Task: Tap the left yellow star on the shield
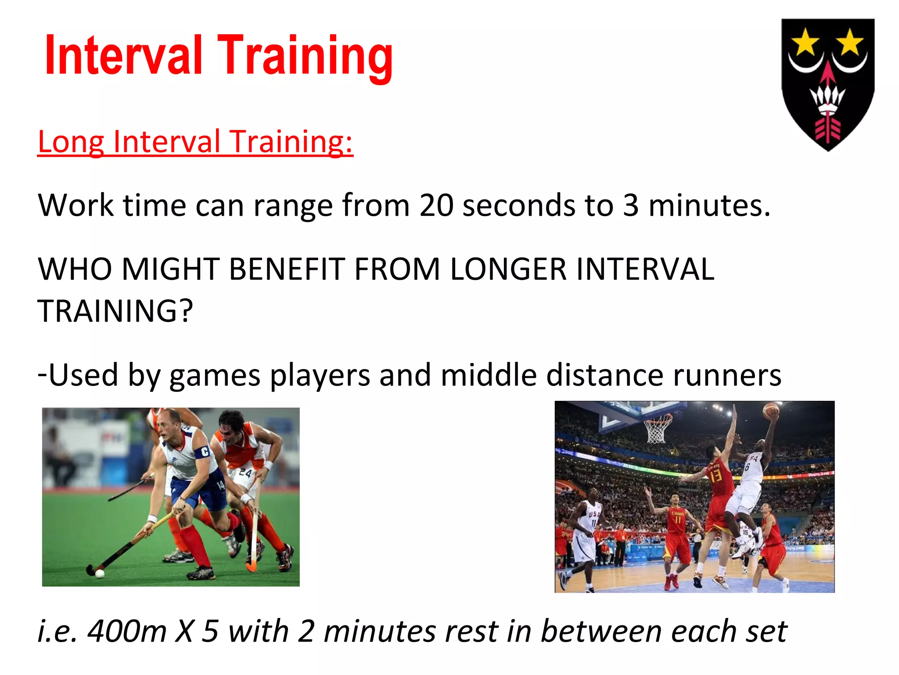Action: coord(805,43)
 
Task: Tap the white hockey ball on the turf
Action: coord(100,573)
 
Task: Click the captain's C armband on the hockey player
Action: coord(205,451)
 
